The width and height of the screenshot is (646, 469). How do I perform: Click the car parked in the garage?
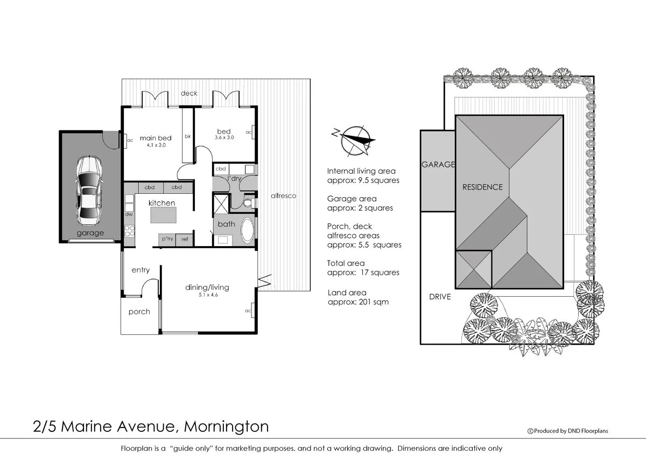click(x=89, y=191)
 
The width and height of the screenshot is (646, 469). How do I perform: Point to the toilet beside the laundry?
click(x=247, y=203)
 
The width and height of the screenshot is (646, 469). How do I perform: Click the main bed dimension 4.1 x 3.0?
click(x=156, y=145)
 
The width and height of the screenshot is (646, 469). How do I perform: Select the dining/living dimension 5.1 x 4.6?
click(x=207, y=295)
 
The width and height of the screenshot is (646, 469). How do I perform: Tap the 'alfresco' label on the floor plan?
click(x=283, y=196)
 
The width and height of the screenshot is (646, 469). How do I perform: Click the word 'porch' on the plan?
click(x=139, y=312)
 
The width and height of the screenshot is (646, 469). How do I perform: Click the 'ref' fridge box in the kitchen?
click(x=185, y=239)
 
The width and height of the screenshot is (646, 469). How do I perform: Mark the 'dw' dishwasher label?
click(x=129, y=214)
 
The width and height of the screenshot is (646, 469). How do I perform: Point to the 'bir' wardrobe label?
click(x=188, y=136)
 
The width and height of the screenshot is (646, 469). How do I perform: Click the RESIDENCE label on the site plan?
click(x=482, y=187)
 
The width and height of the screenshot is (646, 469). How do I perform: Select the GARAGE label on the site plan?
click(x=438, y=165)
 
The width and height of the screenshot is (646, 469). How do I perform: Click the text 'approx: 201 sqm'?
click(x=358, y=302)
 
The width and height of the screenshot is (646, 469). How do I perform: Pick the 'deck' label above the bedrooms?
click(x=189, y=93)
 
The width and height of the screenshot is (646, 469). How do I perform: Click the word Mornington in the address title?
click(x=226, y=427)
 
